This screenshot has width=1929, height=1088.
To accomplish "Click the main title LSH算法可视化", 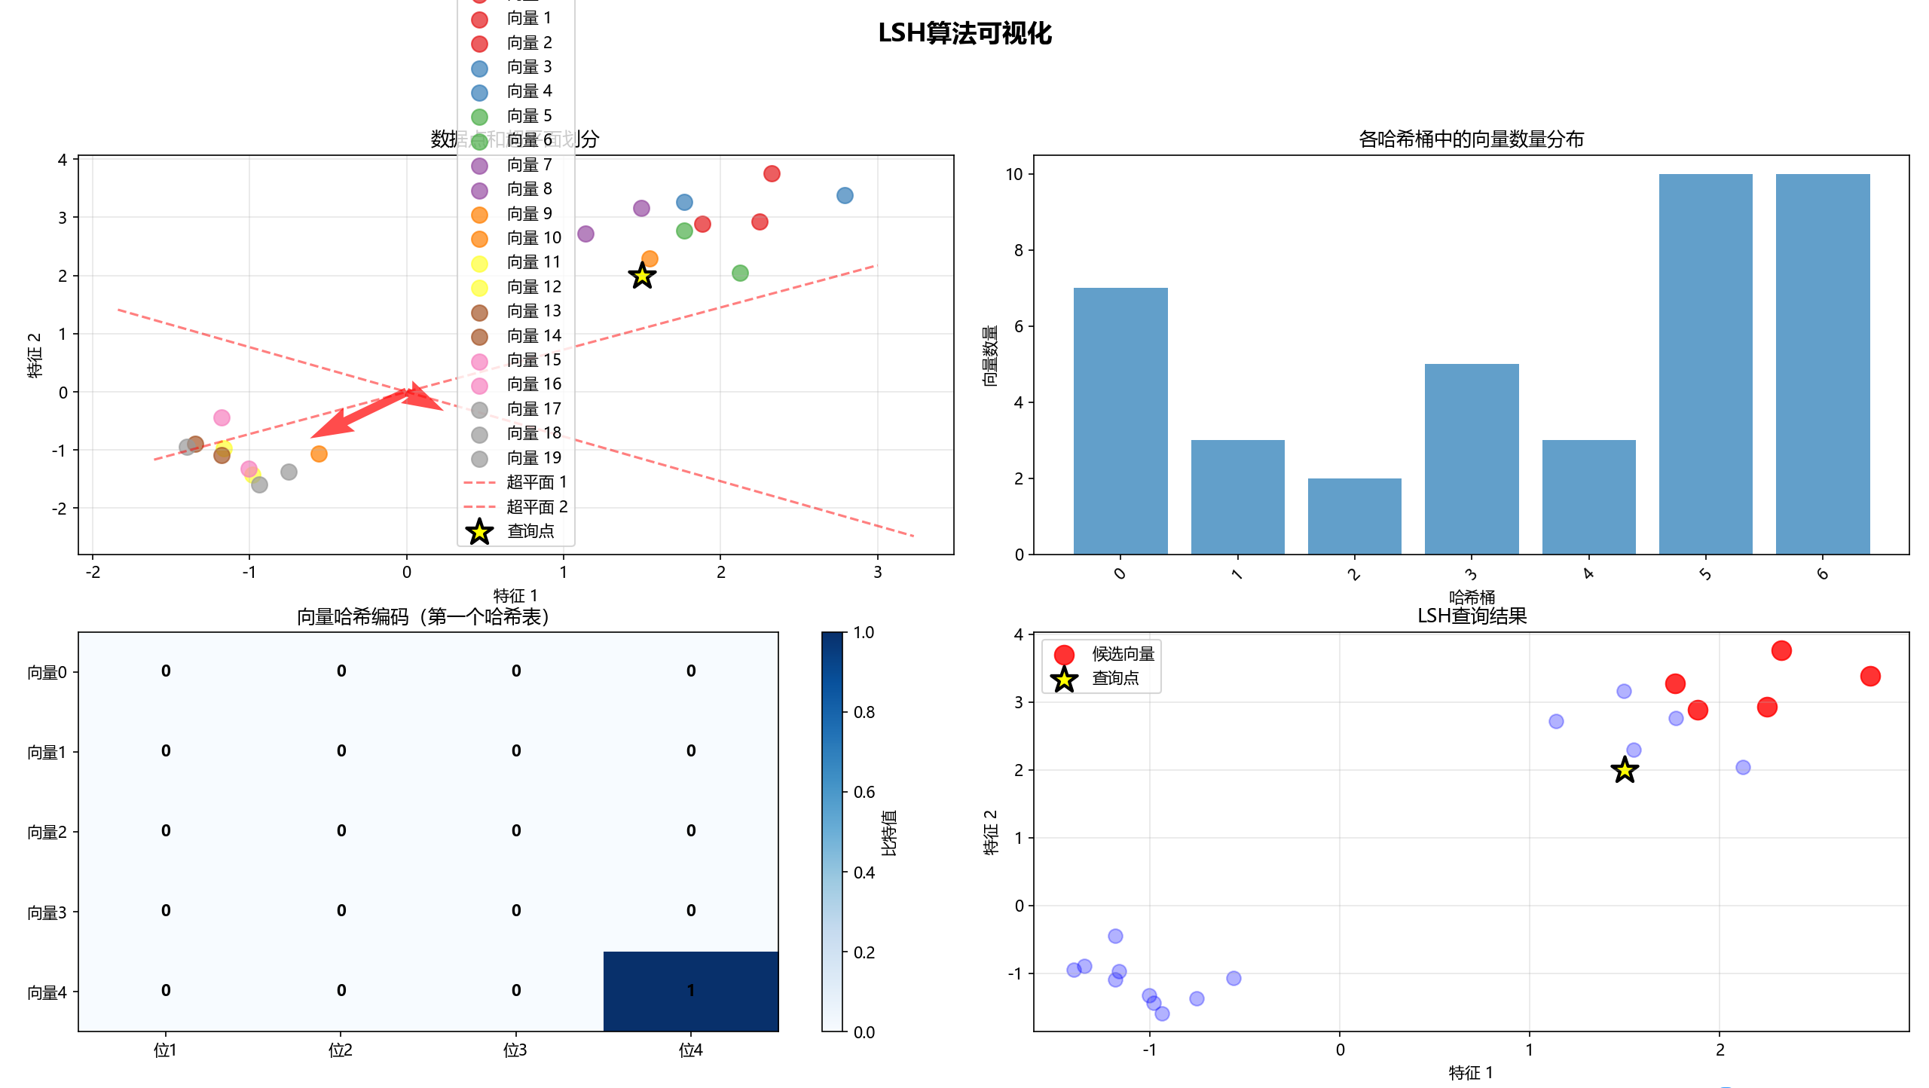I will click(x=964, y=33).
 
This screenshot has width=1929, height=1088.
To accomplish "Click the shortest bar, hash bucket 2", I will click(x=1354, y=516).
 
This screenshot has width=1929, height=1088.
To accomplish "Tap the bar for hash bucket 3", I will click(x=1471, y=459).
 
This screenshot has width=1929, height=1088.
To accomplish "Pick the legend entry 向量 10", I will click(x=533, y=238).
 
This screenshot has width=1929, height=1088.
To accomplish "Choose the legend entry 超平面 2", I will click(x=537, y=506).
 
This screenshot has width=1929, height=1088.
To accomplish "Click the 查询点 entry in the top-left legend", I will click(x=530, y=531).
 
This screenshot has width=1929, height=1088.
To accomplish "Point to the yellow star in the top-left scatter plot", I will click(x=642, y=276).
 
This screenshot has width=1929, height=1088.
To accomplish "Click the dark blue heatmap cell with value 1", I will click(x=690, y=991).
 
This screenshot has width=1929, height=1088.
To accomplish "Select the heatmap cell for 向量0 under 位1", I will click(x=166, y=671).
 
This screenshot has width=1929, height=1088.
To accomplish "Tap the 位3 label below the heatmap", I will click(x=515, y=1050).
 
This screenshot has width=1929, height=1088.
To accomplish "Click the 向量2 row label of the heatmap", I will click(x=47, y=832).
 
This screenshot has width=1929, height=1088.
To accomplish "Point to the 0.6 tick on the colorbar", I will click(x=864, y=792).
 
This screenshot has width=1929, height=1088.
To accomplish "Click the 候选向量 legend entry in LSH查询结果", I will click(x=1123, y=654).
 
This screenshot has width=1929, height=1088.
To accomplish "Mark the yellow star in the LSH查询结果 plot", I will click(x=1625, y=770).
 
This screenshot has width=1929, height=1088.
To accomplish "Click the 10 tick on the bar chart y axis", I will click(x=1013, y=174).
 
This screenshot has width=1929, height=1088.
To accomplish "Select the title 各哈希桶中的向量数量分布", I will click(x=1471, y=139).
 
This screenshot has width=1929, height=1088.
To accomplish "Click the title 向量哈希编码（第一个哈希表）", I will click(x=423, y=617).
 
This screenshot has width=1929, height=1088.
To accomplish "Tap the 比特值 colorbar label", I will click(x=889, y=833).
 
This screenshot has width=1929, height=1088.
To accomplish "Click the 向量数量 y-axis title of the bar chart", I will click(x=989, y=356).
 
